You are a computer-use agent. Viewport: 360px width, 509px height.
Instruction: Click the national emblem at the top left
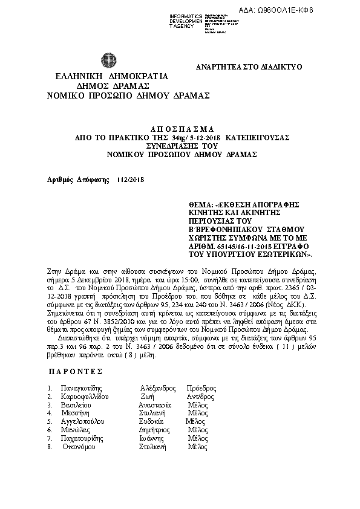(x=110, y=62)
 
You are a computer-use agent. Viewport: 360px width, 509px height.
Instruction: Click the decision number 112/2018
(x=131, y=180)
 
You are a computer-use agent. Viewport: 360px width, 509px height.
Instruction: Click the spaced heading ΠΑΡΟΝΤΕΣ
(x=75, y=354)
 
